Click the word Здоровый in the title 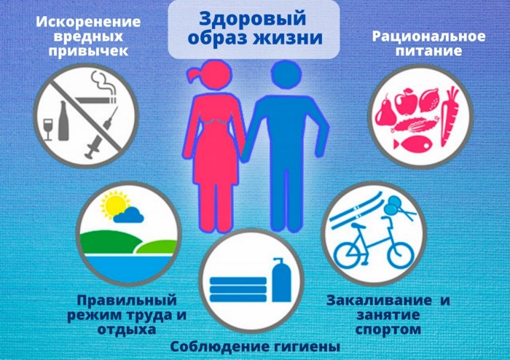(252, 19)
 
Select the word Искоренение (88, 22)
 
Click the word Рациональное (428, 36)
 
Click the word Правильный (127, 300)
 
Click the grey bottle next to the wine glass (63, 120)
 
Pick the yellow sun (114, 204)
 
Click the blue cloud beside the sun (129, 215)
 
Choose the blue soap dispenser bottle (281, 280)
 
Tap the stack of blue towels (238, 289)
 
